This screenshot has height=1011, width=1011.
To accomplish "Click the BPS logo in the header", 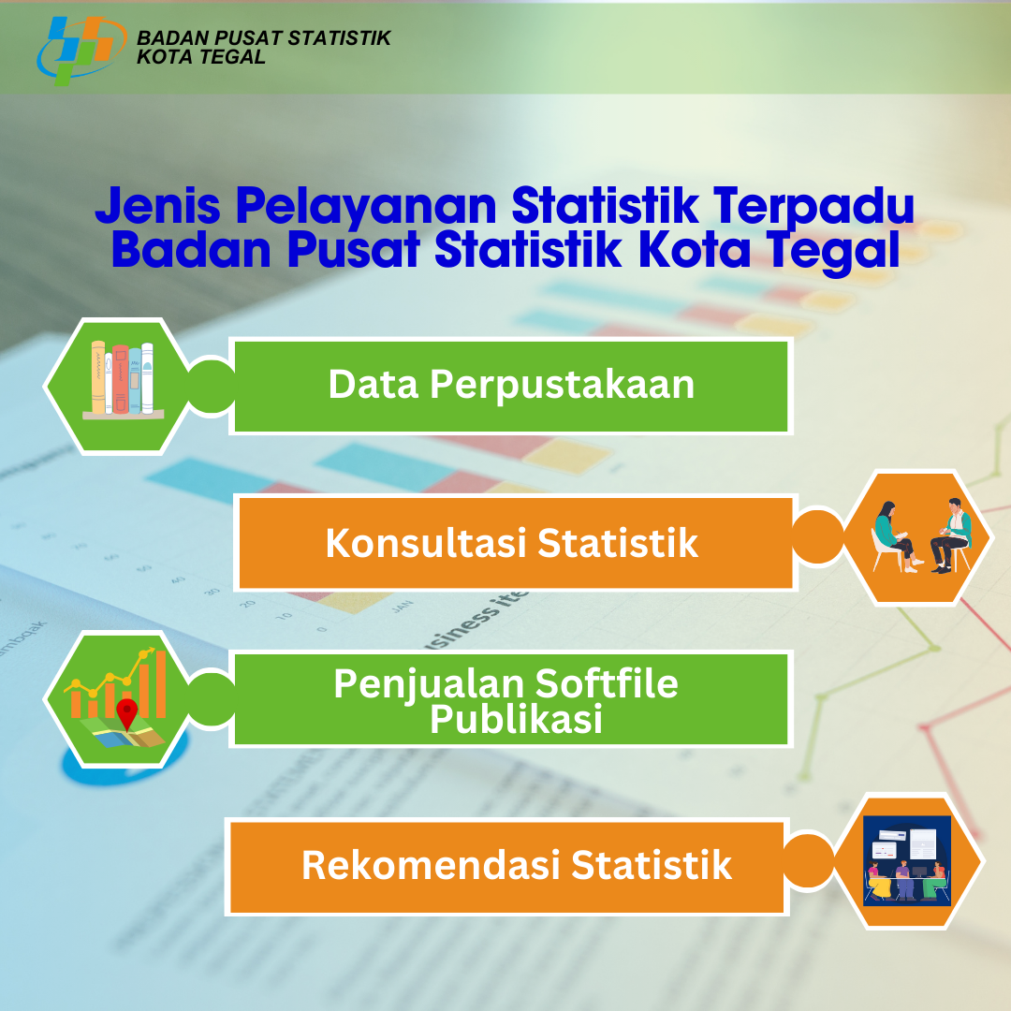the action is pos(81,51).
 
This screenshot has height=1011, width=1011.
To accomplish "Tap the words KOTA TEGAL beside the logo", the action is pos(201,57).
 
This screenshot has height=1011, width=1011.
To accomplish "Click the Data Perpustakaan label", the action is pos(511,386).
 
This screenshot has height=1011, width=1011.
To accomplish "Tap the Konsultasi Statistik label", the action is pos(511,543).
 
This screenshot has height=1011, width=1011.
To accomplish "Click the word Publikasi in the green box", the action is pos(516,720).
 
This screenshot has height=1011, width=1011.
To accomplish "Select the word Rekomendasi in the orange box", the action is pos(431,865).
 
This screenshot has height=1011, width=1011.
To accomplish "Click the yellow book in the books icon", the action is pos(98,377).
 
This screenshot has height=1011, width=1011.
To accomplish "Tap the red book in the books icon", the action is pos(121,379).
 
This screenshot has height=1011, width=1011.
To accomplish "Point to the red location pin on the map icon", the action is pos(127,713).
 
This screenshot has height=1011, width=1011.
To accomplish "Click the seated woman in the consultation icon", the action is pos(895,536).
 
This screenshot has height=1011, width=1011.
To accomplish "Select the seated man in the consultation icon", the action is pos(951,535).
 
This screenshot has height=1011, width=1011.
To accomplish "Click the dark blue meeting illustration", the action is pos(907,861).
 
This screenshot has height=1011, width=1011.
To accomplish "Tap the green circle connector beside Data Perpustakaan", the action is pos(212,386).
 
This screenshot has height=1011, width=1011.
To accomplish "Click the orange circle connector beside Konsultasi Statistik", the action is pos(817,537).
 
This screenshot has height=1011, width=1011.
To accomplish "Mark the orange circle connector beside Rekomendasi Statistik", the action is pos(809,861).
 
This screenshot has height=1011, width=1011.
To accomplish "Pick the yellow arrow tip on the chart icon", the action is pos(151,651).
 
